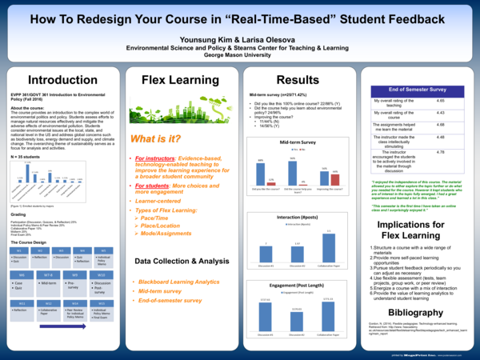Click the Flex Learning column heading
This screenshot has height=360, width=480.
[175, 81]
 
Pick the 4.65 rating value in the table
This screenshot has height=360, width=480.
[439, 102]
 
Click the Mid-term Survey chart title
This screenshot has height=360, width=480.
[299, 140]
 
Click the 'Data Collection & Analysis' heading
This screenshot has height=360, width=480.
[176, 261]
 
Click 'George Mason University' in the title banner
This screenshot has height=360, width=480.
[239, 55]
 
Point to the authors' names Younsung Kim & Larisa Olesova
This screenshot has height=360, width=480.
[239, 37]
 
